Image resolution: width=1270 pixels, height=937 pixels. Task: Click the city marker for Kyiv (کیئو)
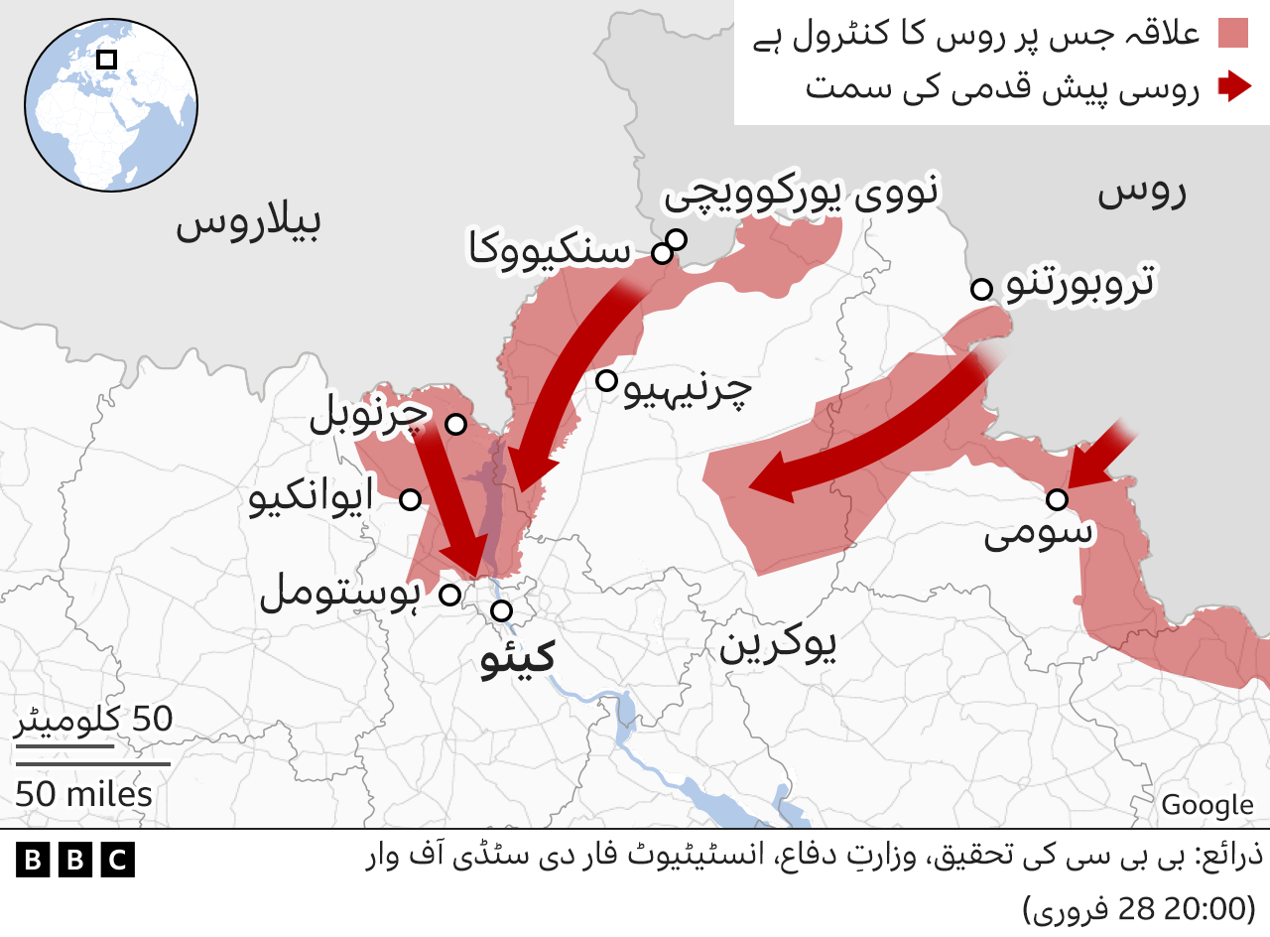(502, 609)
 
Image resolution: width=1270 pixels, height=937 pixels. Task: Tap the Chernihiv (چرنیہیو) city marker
(606, 379)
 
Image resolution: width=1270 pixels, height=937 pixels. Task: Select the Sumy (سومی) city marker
(1057, 498)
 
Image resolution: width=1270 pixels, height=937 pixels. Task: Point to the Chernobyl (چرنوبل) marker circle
(455, 424)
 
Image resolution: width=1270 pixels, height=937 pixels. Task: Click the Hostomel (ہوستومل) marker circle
(449, 595)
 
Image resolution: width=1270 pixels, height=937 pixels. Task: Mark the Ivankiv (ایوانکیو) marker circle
(410, 499)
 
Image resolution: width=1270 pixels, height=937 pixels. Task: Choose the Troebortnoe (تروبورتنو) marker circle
(981, 289)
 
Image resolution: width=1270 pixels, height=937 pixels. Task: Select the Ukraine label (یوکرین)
(778, 646)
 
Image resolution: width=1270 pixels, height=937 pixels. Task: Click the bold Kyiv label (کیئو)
(517, 658)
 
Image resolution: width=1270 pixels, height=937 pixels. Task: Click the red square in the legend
(1232, 33)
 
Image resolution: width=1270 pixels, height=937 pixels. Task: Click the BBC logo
(75, 859)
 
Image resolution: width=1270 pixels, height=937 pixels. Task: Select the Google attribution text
(1207, 805)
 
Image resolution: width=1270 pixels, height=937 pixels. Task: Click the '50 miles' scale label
(84, 794)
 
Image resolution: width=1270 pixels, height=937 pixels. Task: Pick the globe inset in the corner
(111, 104)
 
